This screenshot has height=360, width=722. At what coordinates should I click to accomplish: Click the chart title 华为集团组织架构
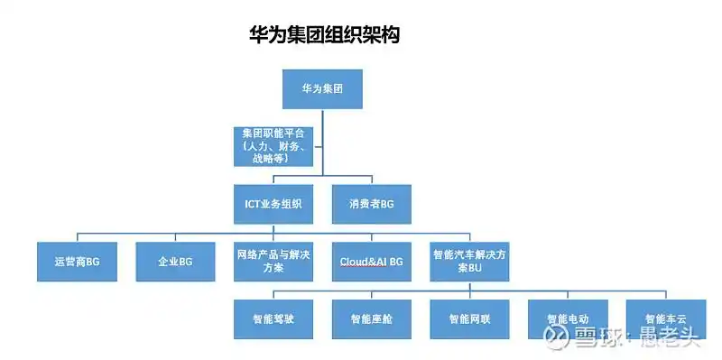pyautogui.click(x=325, y=35)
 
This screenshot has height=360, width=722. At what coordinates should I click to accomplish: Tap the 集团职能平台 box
pyautogui.click(x=273, y=145)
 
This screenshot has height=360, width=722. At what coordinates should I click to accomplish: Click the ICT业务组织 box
pyautogui.click(x=273, y=204)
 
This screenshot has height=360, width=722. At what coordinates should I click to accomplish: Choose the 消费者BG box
pyautogui.click(x=371, y=204)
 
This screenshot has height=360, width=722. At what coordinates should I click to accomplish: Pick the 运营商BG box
pyautogui.click(x=76, y=262)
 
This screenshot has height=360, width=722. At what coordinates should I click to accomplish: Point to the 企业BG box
pyautogui.click(x=175, y=262)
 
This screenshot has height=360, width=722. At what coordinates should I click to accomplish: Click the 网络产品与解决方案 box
pyautogui.click(x=273, y=262)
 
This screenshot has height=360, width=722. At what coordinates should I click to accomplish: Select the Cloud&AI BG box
pyautogui.click(x=371, y=262)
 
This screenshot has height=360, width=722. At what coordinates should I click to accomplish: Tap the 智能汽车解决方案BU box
pyautogui.click(x=469, y=262)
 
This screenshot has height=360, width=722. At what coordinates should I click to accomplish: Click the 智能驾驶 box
pyautogui.click(x=273, y=318)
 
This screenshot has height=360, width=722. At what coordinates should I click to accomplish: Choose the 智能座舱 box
pyautogui.click(x=371, y=318)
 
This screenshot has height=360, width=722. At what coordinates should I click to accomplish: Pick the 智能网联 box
pyautogui.click(x=469, y=318)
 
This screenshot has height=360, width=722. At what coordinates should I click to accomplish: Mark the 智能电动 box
pyautogui.click(x=568, y=318)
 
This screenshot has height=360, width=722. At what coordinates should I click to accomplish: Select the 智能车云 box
pyautogui.click(x=665, y=318)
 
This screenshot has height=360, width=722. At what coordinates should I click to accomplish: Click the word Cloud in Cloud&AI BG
pyautogui.click(x=355, y=262)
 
